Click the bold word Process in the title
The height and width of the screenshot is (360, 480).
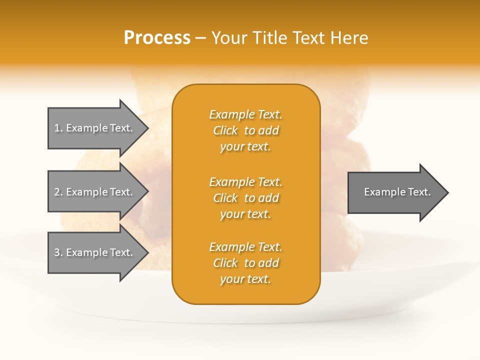[157, 38]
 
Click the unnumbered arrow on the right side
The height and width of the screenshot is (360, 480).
[397, 192]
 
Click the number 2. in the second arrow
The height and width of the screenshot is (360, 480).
[58, 192]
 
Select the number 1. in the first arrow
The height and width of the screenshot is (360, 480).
[58, 128]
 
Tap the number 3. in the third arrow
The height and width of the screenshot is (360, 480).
[58, 252]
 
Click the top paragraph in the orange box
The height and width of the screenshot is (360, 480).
[245, 130]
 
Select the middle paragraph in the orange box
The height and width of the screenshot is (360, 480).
[245, 198]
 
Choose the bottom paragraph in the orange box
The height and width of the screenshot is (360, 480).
[245, 263]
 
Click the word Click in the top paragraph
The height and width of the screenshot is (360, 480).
[225, 130]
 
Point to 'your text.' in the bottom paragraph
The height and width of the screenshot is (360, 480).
[245, 279]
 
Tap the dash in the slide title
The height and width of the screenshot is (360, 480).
[200, 38]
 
